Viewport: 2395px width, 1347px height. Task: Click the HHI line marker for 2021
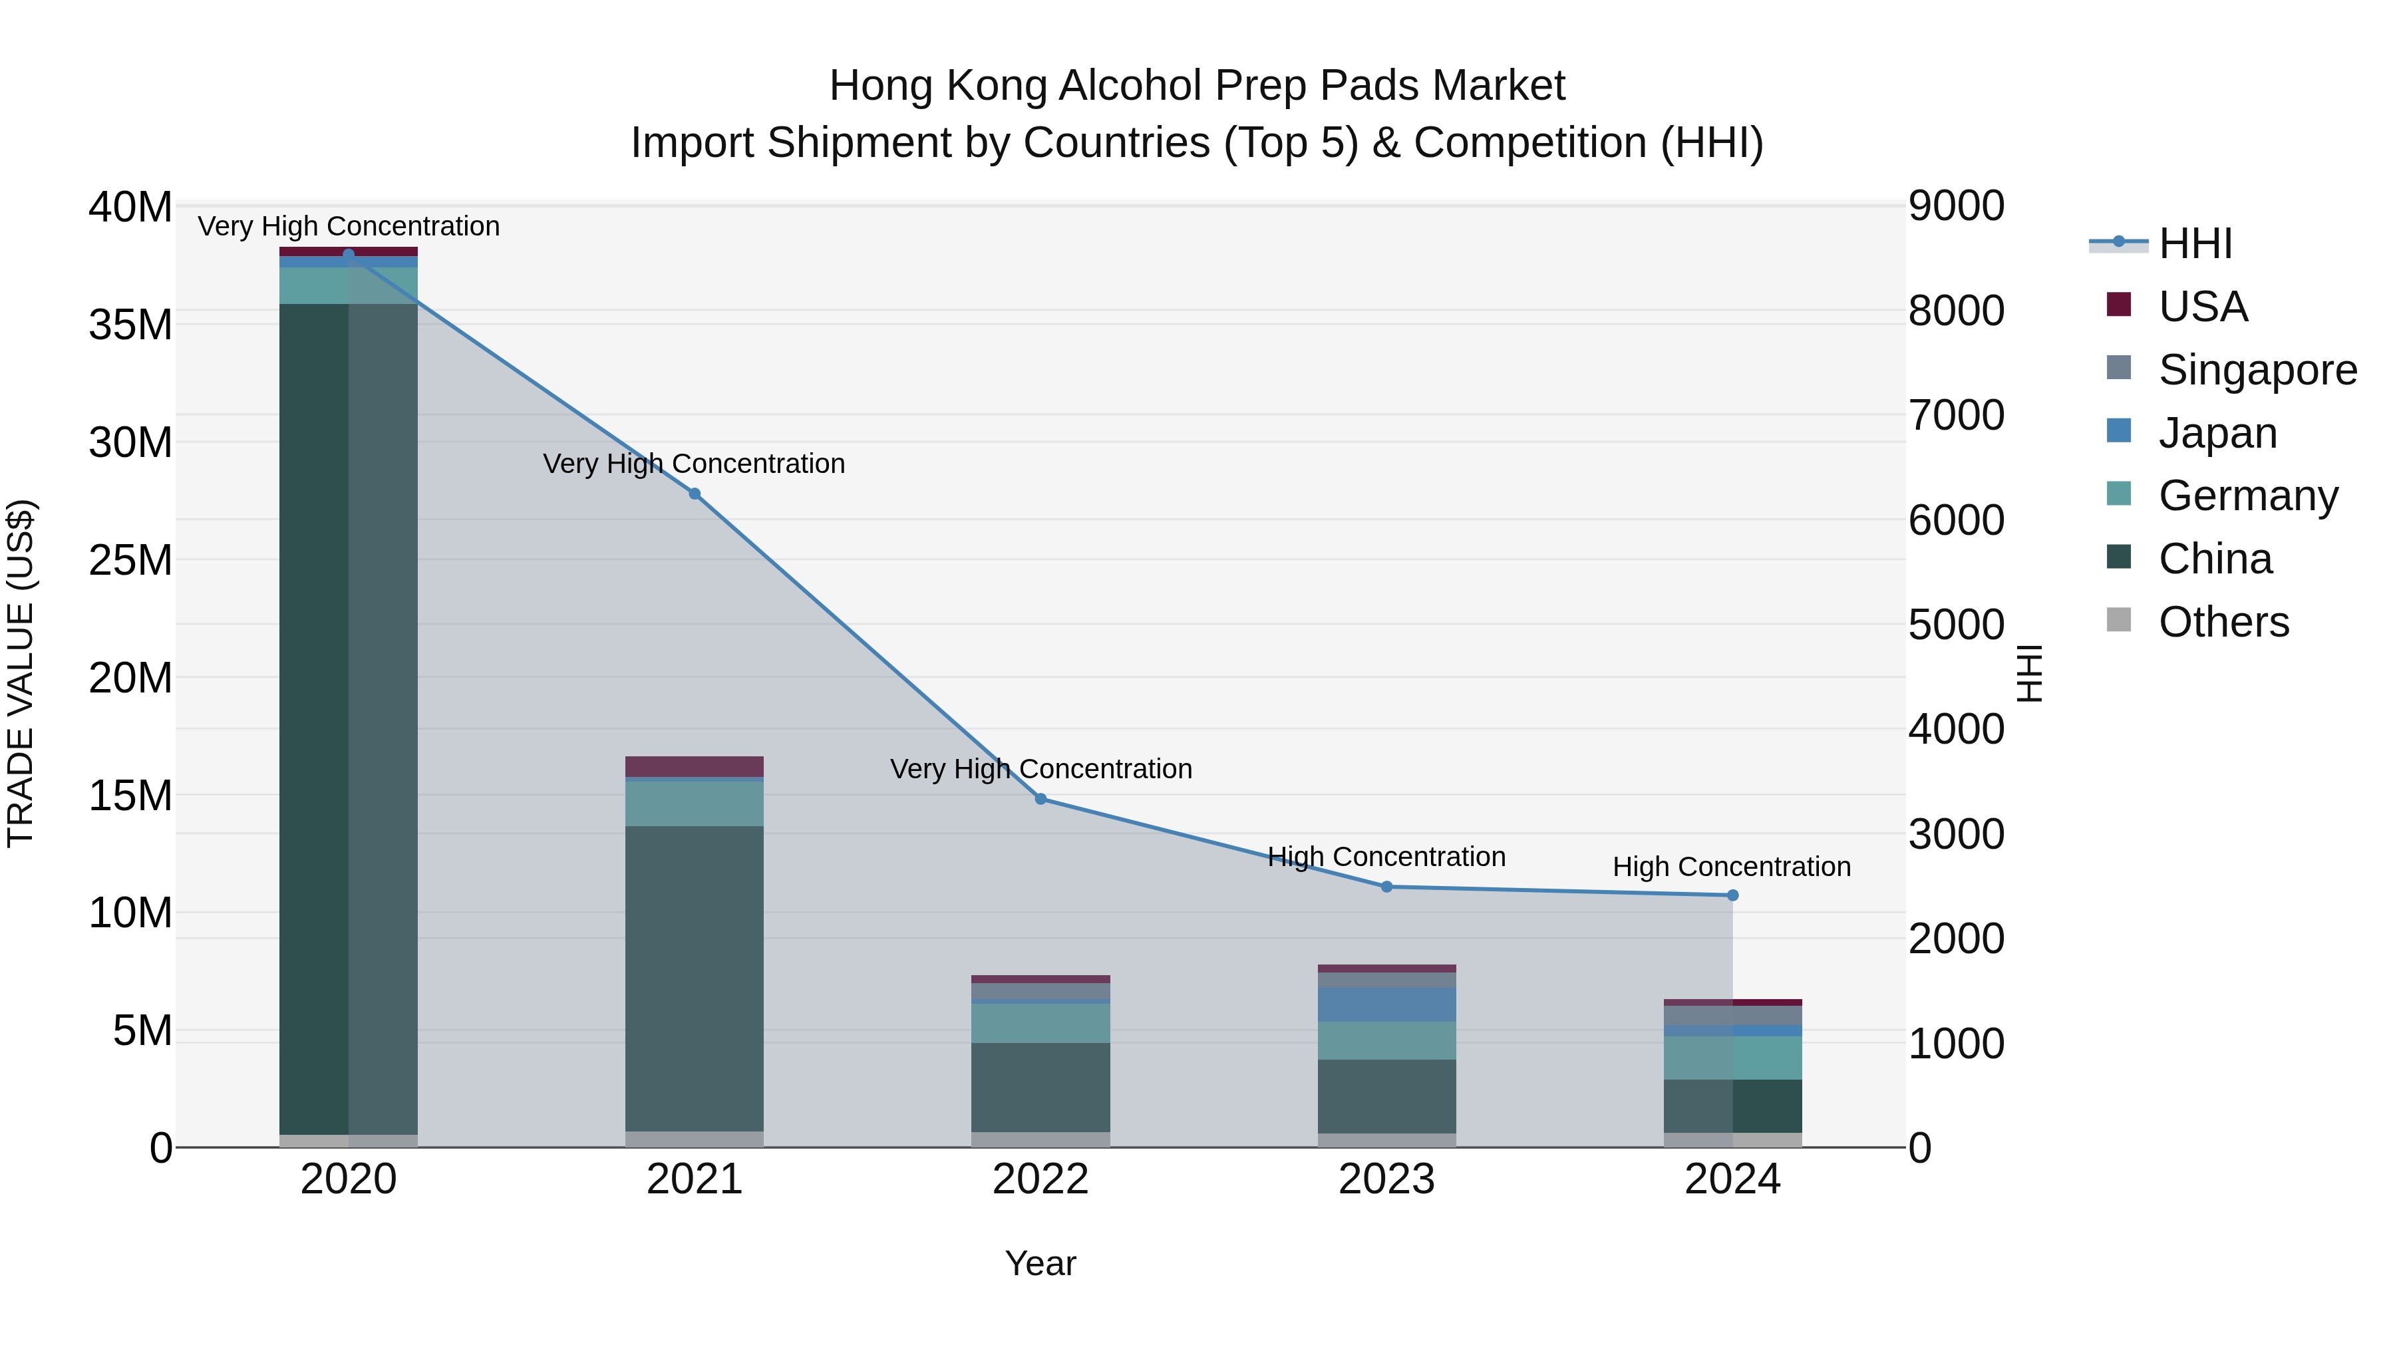pyautogui.click(x=695, y=494)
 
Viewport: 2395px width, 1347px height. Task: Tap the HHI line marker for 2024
pyautogui.click(x=1732, y=895)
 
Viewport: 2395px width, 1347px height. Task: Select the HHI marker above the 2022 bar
pyautogui.click(x=1040, y=798)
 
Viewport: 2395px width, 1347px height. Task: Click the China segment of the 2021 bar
pyautogui.click(x=695, y=976)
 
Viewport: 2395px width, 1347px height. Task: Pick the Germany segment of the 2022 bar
pyautogui.click(x=1040, y=1022)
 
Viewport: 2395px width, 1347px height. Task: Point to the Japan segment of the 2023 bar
pyautogui.click(x=1386, y=1005)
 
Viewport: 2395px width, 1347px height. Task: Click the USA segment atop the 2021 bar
pyautogui.click(x=695, y=766)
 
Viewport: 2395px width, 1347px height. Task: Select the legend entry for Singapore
pyautogui.click(x=2257, y=370)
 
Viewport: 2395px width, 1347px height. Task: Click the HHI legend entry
pyautogui.click(x=2195, y=243)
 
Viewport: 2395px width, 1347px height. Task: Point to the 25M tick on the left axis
pyautogui.click(x=130, y=561)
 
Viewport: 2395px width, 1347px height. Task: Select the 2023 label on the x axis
pyautogui.click(x=1386, y=1179)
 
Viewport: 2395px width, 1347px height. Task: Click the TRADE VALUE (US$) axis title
pyautogui.click(x=21, y=673)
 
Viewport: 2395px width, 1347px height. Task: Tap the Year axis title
pyautogui.click(x=1040, y=1263)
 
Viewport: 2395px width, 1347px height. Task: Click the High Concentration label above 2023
pyautogui.click(x=1386, y=856)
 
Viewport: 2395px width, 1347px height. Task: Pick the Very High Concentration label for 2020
pyautogui.click(x=349, y=226)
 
